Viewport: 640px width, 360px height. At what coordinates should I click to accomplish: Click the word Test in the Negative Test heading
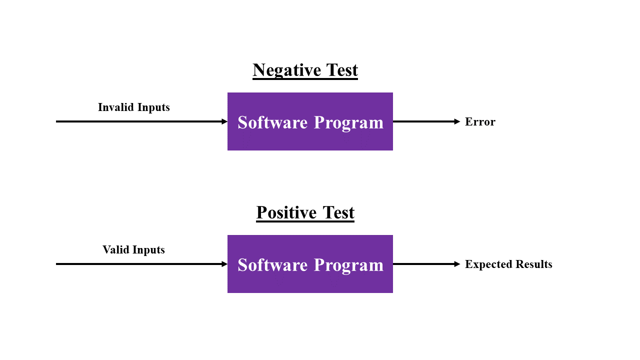click(x=341, y=70)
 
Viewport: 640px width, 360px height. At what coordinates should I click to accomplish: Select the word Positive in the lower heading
click(x=286, y=213)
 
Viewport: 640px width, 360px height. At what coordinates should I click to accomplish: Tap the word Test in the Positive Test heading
click(x=338, y=213)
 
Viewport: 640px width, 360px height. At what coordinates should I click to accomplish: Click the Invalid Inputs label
click(x=133, y=107)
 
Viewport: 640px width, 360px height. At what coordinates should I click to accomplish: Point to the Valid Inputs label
click(x=133, y=250)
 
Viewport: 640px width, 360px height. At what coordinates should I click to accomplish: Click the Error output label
click(x=480, y=122)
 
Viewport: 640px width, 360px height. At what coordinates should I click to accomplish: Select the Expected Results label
click(x=508, y=264)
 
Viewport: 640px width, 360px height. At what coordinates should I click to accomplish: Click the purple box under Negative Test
click(x=310, y=121)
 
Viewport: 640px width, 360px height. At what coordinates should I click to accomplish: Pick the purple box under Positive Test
click(x=310, y=264)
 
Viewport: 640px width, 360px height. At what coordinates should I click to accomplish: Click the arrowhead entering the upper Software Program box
click(x=224, y=121)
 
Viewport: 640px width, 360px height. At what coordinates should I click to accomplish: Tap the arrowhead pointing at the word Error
click(x=457, y=121)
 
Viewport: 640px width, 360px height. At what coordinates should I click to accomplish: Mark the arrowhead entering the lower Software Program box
click(x=224, y=264)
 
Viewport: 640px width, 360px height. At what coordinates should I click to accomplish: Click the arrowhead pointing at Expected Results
click(x=457, y=264)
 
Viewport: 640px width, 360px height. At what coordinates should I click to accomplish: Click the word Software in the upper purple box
click(x=272, y=122)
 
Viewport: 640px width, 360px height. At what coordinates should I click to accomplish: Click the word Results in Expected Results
click(x=534, y=264)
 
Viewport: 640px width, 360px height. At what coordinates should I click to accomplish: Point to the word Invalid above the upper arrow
click(x=116, y=107)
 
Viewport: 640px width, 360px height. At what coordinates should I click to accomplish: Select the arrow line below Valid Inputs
click(x=141, y=264)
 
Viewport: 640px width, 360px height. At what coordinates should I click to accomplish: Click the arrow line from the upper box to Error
click(x=426, y=121)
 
